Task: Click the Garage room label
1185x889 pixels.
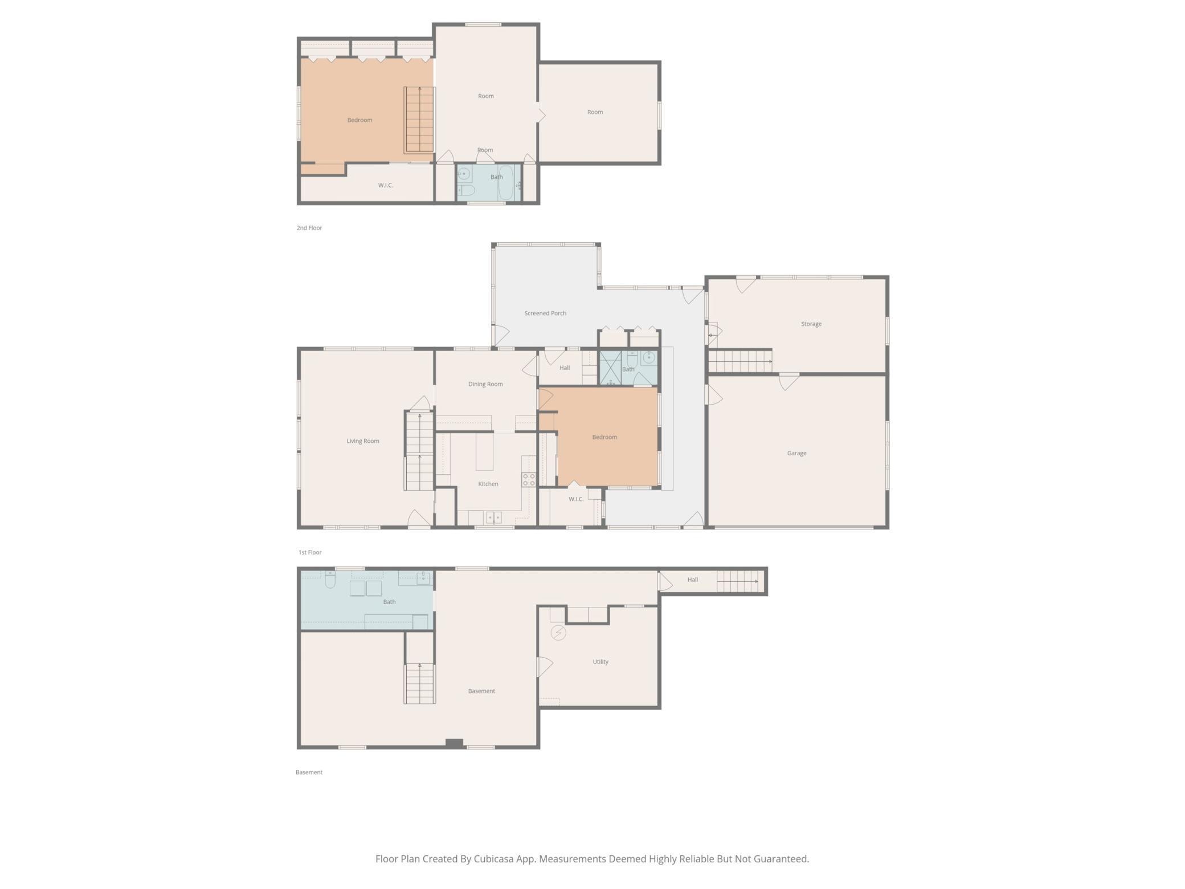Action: point(796,453)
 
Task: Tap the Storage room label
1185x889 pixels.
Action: point(811,324)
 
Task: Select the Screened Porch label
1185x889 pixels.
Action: point(545,313)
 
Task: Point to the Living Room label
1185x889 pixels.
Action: point(363,441)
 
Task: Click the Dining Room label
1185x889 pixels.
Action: point(485,384)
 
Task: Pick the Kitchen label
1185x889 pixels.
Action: point(488,484)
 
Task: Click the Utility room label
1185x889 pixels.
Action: point(600,662)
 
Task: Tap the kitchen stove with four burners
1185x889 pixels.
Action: point(529,479)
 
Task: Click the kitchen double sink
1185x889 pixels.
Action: point(493,517)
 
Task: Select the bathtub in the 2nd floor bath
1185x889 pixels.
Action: point(506,182)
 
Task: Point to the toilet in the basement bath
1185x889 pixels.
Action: point(330,579)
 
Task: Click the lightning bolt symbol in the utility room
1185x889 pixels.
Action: point(558,633)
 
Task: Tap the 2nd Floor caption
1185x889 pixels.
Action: point(309,228)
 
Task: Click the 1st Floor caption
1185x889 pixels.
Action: point(310,552)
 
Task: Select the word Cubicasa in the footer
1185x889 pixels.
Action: point(494,859)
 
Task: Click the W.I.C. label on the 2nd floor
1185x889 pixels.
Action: point(386,185)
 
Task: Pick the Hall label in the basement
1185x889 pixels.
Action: point(693,580)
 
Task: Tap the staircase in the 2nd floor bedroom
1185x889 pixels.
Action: point(419,120)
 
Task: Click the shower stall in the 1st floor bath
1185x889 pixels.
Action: point(610,368)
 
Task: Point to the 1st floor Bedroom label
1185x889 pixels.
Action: point(604,437)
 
